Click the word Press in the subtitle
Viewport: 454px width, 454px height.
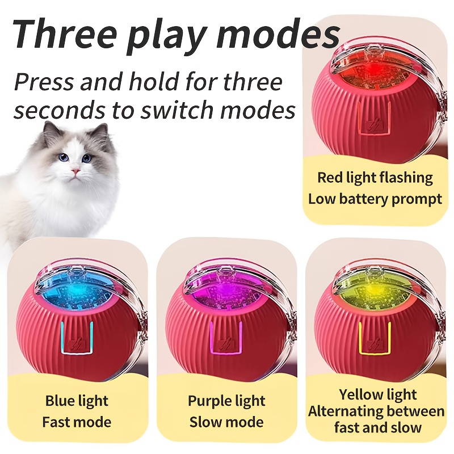[44, 82]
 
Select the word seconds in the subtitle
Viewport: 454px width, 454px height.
[59, 110]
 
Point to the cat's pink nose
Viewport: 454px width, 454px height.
[76, 171]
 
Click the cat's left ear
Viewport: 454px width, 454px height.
[50, 132]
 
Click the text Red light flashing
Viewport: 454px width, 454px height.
[375, 178]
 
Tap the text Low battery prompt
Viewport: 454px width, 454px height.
[375, 199]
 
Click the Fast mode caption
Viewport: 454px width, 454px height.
[77, 422]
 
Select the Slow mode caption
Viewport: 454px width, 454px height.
[226, 422]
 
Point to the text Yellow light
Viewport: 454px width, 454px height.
[378, 394]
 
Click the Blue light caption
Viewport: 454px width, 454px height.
[77, 401]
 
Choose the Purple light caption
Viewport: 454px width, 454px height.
[226, 401]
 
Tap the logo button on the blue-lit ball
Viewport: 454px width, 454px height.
[77, 344]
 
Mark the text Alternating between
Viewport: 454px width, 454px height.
[376, 411]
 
